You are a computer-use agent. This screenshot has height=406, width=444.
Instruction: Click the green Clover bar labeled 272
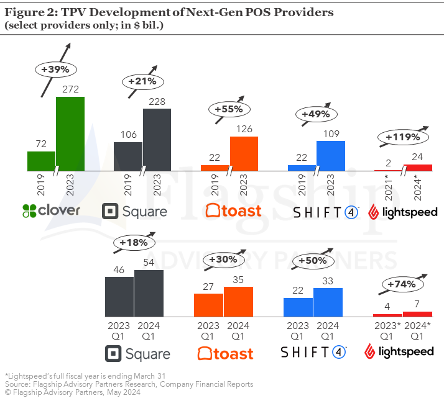70,133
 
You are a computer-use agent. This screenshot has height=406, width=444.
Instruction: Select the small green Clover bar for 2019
41,161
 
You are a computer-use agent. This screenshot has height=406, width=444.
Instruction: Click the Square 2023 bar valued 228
157,140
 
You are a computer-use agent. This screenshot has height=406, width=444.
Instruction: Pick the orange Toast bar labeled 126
244,153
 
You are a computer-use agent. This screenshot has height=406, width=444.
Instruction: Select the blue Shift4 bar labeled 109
330,155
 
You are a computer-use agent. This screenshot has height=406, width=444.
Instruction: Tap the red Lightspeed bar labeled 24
417,167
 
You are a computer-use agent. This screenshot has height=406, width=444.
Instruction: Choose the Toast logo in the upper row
234,211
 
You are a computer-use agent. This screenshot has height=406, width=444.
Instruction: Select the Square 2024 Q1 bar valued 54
149,294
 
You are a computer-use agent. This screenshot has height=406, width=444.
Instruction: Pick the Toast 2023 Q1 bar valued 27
208,305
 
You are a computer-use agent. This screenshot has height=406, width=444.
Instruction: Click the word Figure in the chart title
24,12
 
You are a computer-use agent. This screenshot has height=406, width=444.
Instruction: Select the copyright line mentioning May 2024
73,393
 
